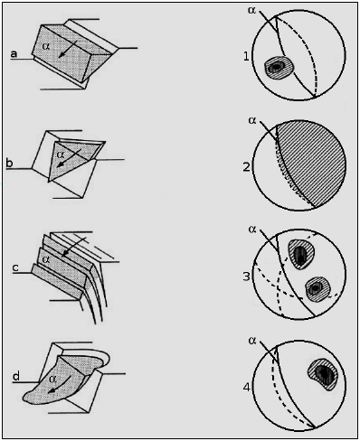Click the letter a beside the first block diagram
pos(14,54)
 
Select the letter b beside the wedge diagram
pos(9,163)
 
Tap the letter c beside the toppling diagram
pos(15,267)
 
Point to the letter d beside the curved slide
pos(16,376)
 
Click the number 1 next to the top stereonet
pos(246,56)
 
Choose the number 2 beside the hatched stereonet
pos(247,166)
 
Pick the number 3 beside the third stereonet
pos(247,277)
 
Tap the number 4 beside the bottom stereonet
pos(247,387)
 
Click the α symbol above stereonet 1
pos(251,10)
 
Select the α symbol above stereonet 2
pos(252,120)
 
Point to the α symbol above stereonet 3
pos(252,230)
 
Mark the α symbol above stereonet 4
pos(252,341)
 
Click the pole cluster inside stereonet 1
pos(279,68)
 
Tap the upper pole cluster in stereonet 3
pos(300,254)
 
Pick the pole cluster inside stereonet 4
pos(323,374)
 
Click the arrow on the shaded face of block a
pos(68,48)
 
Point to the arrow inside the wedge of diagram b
pos(69,157)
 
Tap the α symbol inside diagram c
pos(46,259)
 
